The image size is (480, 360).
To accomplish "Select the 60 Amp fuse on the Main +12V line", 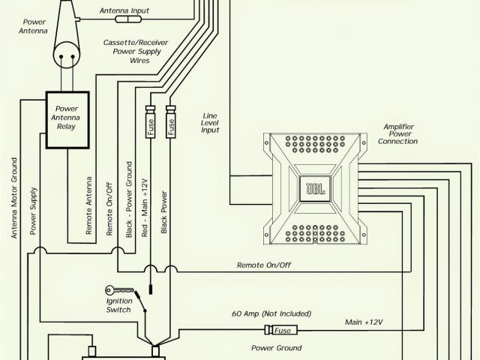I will [281, 331].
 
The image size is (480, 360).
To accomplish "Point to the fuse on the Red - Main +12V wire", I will [150, 128].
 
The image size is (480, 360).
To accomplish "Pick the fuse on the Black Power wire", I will [171, 128].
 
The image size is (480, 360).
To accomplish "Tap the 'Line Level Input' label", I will [210, 123].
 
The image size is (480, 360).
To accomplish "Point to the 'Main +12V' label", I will [364, 322].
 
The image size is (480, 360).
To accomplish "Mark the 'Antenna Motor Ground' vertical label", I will [13, 197].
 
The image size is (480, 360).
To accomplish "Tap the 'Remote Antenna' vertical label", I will [89, 206].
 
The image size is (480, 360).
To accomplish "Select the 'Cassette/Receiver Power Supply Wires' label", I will [131, 52].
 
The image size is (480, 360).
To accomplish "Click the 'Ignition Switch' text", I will [118, 305].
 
